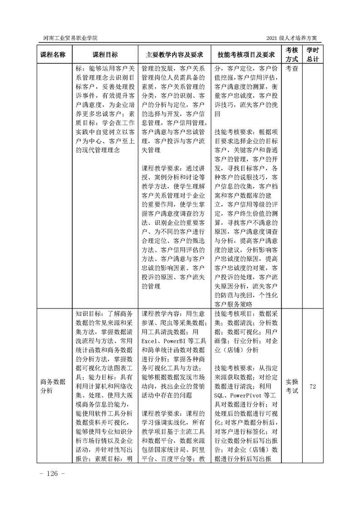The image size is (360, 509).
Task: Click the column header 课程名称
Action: pyautogui.click(x=53, y=54)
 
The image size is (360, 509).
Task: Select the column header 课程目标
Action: pyautogui.click(x=105, y=54)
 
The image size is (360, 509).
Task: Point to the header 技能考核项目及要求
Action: pyautogui.click(x=246, y=54)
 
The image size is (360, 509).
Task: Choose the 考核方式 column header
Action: pyautogui.click(x=291, y=54)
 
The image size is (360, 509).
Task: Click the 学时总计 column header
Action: pyautogui.click(x=312, y=54)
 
